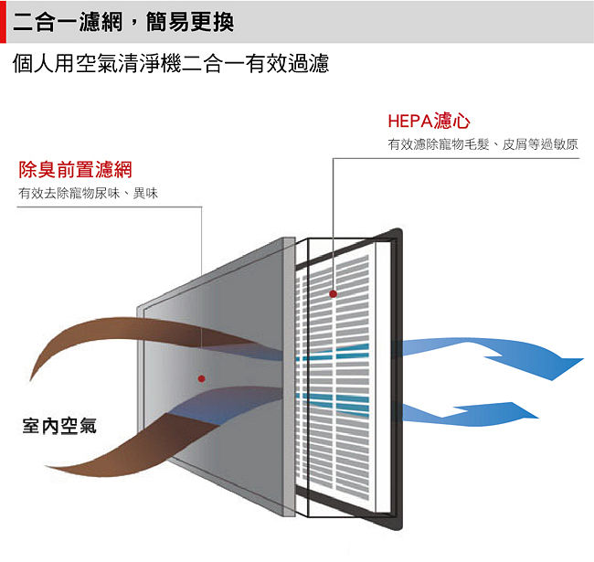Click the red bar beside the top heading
pyautogui.click(x=3, y=22)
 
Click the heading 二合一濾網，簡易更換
pyautogui.click(x=123, y=22)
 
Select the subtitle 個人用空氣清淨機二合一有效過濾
pyautogui.click(x=171, y=63)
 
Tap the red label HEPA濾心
pyautogui.click(x=429, y=122)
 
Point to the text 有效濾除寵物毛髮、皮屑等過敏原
pyautogui.click(x=483, y=144)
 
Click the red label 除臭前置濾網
pyautogui.click(x=75, y=169)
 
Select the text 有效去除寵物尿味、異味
pyautogui.click(x=88, y=193)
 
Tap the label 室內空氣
pyautogui.click(x=59, y=426)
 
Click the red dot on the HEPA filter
pyautogui.click(x=333, y=293)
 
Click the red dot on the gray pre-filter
pyautogui.click(x=202, y=378)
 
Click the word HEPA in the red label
pyautogui.click(x=410, y=122)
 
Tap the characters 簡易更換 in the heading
pyautogui.click(x=190, y=22)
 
